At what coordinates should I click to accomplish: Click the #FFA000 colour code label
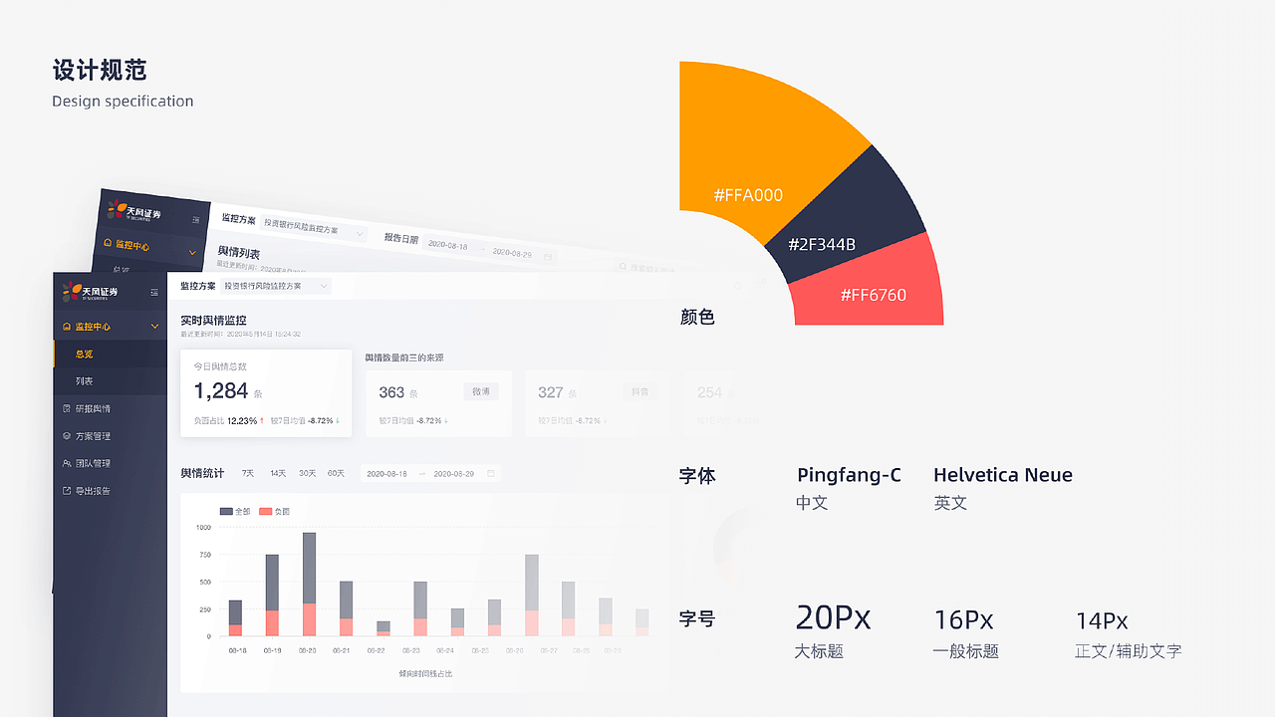tap(748, 195)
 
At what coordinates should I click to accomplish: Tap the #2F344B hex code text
tap(822, 245)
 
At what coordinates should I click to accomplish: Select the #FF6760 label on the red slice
tap(874, 295)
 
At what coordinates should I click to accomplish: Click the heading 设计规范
tap(100, 70)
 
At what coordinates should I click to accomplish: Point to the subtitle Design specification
tap(123, 102)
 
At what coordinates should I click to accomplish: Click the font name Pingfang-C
tap(849, 475)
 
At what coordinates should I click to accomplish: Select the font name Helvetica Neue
tap(1003, 475)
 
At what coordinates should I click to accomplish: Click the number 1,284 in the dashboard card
tap(221, 391)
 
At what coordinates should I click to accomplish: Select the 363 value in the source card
tap(391, 392)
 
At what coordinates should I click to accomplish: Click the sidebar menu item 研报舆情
tap(93, 408)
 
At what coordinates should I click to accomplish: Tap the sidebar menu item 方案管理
tap(93, 436)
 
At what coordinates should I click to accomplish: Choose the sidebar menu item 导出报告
tap(93, 491)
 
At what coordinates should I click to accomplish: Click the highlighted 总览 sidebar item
tap(85, 354)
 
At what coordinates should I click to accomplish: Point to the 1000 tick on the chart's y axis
tap(203, 527)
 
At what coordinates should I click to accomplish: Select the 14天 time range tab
tap(278, 473)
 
